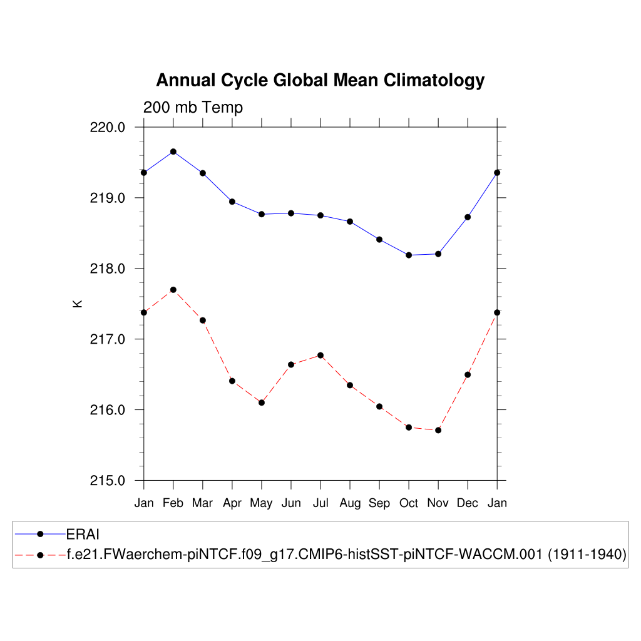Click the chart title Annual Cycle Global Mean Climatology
pyautogui.click(x=320, y=81)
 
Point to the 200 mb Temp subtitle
pyautogui.click(x=193, y=108)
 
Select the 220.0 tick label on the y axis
pyautogui.click(x=108, y=127)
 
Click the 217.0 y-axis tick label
pyautogui.click(x=108, y=339)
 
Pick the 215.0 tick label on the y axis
pyautogui.click(x=108, y=481)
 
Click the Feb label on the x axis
pyautogui.click(x=173, y=503)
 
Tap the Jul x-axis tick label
pyautogui.click(x=320, y=503)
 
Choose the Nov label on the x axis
pyautogui.click(x=438, y=503)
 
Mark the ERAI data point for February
pyautogui.click(x=173, y=151)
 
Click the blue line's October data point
pyautogui.click(x=409, y=255)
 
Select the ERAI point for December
pyautogui.click(x=468, y=217)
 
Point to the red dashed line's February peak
pyautogui.click(x=173, y=290)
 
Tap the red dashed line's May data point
pyautogui.click(x=262, y=403)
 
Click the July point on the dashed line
pyautogui.click(x=320, y=356)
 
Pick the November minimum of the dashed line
pyautogui.click(x=438, y=430)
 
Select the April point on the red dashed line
pyautogui.click(x=232, y=381)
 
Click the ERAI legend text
pyautogui.click(x=83, y=534)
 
